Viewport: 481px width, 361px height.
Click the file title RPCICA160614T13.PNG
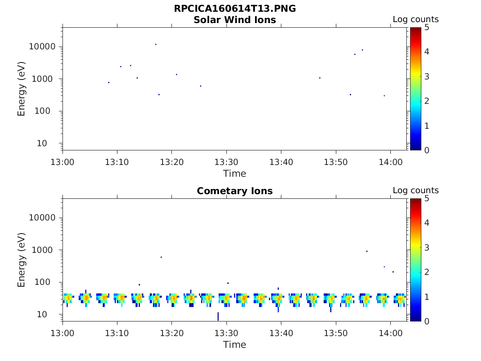tap(234, 8)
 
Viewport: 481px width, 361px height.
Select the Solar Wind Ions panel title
tap(234, 20)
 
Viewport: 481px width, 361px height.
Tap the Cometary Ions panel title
tap(234, 191)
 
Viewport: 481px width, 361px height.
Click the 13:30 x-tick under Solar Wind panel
tap(226, 162)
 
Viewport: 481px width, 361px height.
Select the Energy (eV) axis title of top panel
tap(22, 88)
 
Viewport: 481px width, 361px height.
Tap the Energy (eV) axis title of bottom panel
tap(22, 259)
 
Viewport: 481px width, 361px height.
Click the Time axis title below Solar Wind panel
tap(234, 173)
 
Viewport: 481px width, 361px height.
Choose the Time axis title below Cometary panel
tap(234, 345)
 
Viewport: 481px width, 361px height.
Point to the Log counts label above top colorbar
tap(415, 20)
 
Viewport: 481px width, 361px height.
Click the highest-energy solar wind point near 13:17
tap(155, 44)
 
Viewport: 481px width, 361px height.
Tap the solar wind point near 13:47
tap(320, 78)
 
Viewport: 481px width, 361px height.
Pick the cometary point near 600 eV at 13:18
tap(161, 257)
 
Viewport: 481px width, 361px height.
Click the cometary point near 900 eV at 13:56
tap(367, 251)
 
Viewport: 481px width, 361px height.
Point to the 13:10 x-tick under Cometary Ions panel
tap(117, 333)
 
